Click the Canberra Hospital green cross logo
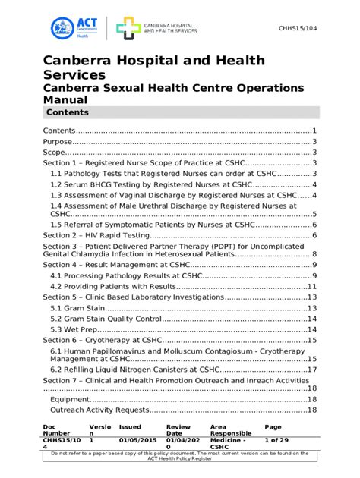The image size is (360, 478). click(x=128, y=28)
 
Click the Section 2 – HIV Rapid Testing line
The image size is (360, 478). click(x=99, y=235)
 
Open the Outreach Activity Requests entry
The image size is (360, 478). click(x=99, y=410)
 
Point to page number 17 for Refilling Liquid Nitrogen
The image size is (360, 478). click(x=311, y=370)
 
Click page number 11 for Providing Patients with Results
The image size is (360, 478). click(x=311, y=286)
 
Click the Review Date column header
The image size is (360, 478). click(x=179, y=431)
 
